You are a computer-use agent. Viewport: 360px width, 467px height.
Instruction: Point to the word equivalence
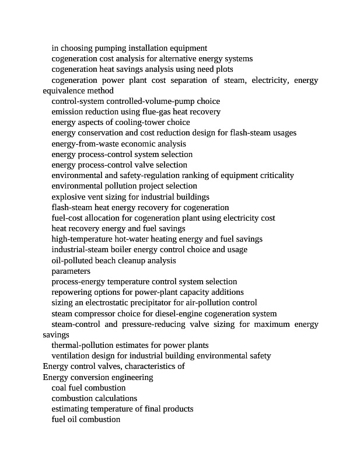64,90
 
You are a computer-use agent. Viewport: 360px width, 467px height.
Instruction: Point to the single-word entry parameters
71,271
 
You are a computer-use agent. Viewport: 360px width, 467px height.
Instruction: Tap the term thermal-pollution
85,345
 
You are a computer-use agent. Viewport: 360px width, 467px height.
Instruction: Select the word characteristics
147,367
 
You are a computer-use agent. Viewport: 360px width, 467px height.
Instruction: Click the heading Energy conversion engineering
98,377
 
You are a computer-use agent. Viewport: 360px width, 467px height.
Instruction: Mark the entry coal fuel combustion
89,388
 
